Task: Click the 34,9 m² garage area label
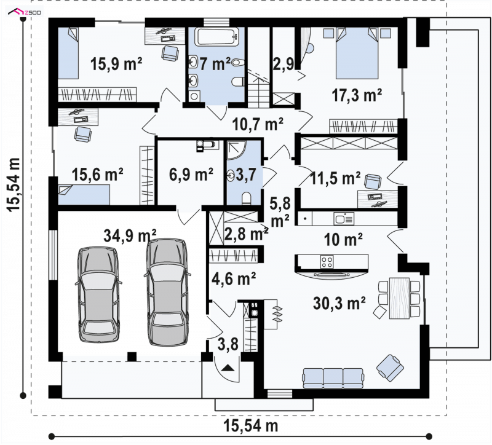click(x=130, y=235)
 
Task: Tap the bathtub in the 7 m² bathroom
click(x=217, y=37)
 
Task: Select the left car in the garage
click(x=98, y=294)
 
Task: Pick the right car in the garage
click(x=167, y=292)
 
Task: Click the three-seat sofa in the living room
click(x=333, y=378)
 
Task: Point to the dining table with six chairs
click(x=399, y=298)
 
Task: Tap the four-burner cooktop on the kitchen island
click(x=327, y=262)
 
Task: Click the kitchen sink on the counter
click(x=344, y=218)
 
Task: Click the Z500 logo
click(x=25, y=12)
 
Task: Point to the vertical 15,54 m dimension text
click(x=14, y=184)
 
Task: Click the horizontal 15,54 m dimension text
click(x=251, y=426)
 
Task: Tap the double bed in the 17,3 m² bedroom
click(x=357, y=53)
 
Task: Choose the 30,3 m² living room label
click(x=339, y=303)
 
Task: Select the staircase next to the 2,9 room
click(x=259, y=89)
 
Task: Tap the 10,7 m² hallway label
click(x=258, y=124)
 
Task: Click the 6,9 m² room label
click(x=191, y=175)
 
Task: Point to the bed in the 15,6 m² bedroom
click(x=84, y=195)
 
